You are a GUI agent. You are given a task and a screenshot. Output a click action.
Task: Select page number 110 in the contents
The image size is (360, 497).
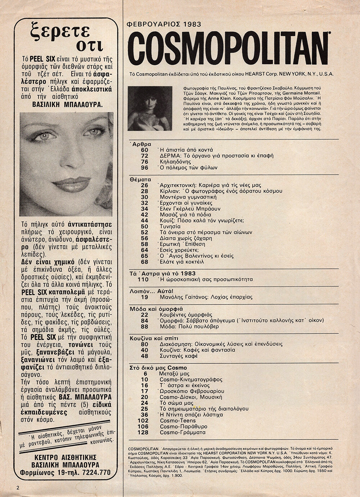point(144,279)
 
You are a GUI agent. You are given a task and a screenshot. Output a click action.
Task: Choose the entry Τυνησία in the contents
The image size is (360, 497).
point(171,226)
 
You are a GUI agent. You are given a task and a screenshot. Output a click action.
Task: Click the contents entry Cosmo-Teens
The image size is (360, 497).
point(177,420)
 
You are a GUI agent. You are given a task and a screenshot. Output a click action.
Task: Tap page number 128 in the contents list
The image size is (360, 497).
point(144,432)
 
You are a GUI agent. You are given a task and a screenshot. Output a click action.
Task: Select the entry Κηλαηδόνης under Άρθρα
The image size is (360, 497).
point(175,162)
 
